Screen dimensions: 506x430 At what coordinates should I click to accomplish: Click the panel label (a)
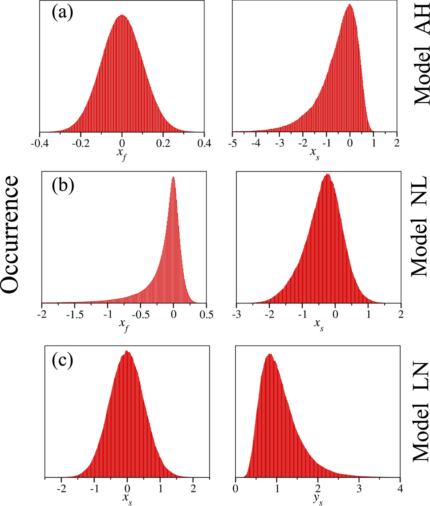click(62, 13)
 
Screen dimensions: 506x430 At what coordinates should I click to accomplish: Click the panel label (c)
click(63, 361)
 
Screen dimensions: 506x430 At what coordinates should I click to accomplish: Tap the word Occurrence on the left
click(10, 235)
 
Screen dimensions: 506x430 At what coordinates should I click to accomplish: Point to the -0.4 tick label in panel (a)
click(39, 144)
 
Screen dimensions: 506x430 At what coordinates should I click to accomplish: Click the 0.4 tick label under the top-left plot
click(204, 144)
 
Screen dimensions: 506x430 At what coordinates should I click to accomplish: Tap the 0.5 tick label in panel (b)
click(206, 315)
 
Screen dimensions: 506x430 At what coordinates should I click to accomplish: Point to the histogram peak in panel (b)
click(173, 177)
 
